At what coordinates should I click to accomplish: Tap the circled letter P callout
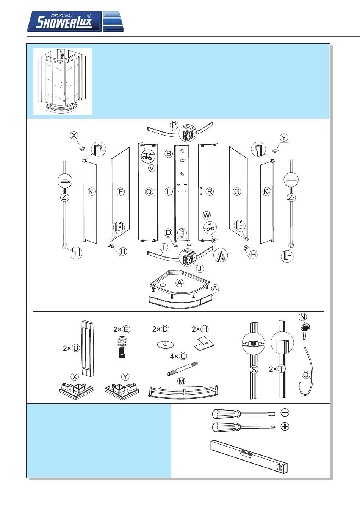pyautogui.click(x=174, y=125)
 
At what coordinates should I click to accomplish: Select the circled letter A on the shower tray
pyautogui.click(x=180, y=283)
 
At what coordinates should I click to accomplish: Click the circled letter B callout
pyautogui.click(x=169, y=153)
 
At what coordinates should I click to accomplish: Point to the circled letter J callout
pyautogui.click(x=200, y=269)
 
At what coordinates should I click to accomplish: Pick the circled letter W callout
pyautogui.click(x=207, y=216)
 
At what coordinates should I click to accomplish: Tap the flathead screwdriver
pyautogui.click(x=243, y=413)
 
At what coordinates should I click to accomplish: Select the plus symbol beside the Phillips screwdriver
pyautogui.click(x=285, y=426)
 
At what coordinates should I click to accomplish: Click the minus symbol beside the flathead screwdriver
pyautogui.click(x=285, y=412)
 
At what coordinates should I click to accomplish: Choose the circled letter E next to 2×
pyautogui.click(x=126, y=329)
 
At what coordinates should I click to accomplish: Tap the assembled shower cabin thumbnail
pyautogui.click(x=63, y=81)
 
